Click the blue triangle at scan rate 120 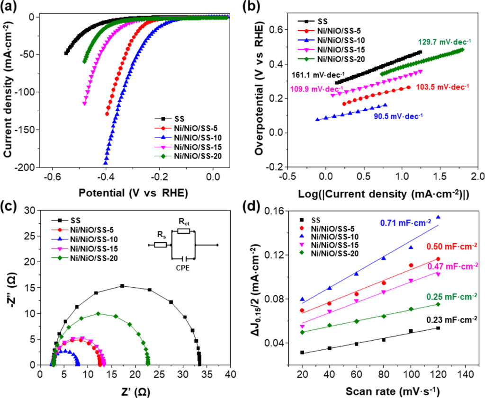tap(438, 217)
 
